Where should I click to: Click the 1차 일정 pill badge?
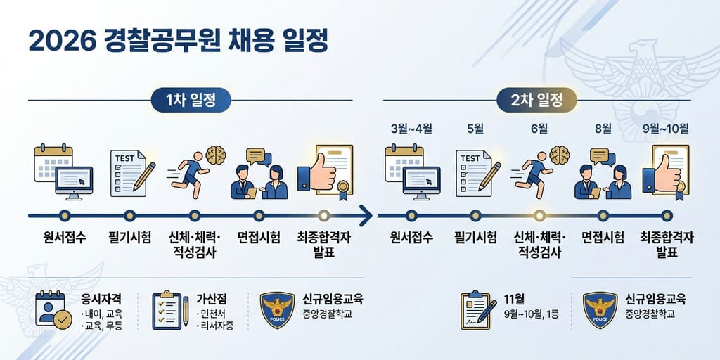click(191, 100)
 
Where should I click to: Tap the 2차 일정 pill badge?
click(536, 100)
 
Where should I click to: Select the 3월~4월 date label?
click(411, 129)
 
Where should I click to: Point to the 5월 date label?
click(475, 129)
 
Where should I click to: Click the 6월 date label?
click(539, 129)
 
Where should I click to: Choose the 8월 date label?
click(603, 129)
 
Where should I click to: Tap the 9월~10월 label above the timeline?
click(667, 129)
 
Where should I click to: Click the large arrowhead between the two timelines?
click(366, 215)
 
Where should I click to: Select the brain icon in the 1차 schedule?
click(216, 155)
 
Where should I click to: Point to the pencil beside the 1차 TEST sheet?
click(144, 176)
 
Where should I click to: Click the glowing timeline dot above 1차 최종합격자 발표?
click(324, 215)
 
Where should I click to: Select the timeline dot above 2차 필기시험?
click(476, 215)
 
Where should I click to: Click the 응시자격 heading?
click(101, 300)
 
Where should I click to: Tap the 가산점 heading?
click(211, 300)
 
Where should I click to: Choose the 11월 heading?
click(514, 300)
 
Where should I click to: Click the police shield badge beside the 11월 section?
click(600, 310)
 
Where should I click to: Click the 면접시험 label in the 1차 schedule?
click(259, 238)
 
